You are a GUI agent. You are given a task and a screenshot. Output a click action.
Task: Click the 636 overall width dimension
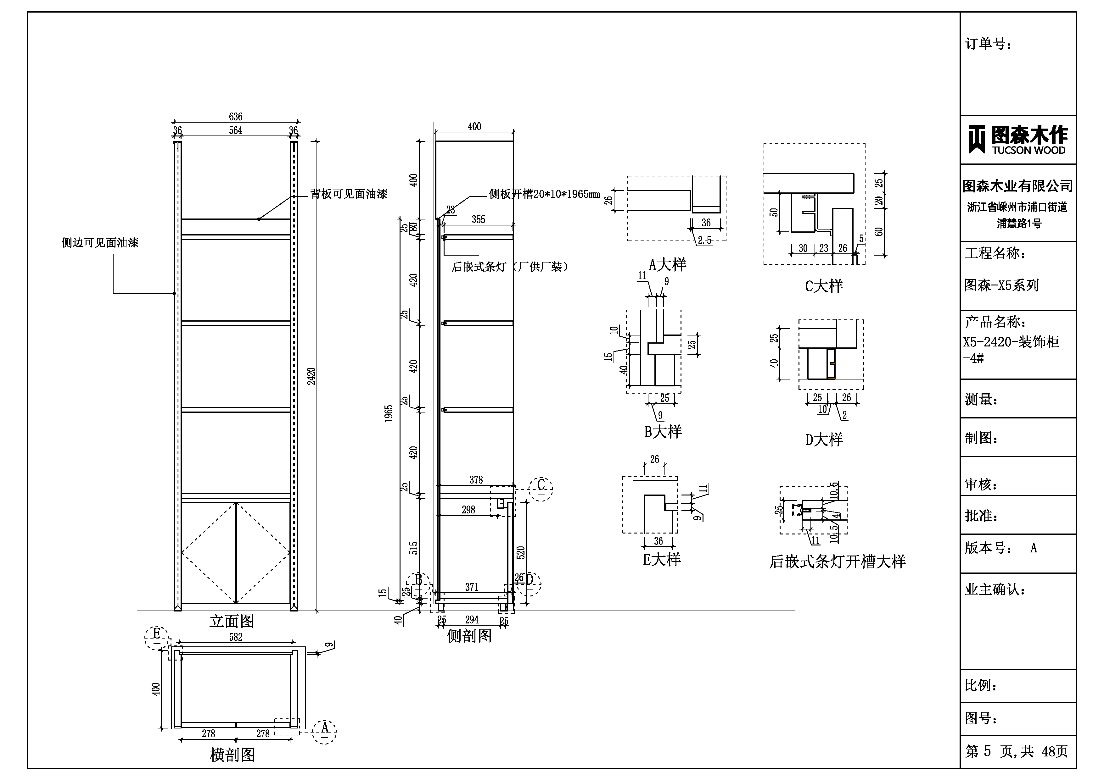click(x=236, y=117)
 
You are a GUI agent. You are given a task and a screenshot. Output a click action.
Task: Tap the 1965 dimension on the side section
click(x=389, y=414)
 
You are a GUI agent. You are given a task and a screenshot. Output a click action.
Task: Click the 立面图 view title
click(x=232, y=622)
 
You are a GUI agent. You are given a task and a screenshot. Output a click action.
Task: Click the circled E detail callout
click(x=157, y=638)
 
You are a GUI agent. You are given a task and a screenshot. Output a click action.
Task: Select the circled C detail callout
click(x=541, y=489)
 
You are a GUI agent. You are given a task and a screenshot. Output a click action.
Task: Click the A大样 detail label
click(x=667, y=265)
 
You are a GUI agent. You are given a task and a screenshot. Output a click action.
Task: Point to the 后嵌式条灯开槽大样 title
click(x=837, y=561)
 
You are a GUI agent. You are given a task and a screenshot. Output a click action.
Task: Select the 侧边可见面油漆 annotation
click(x=100, y=243)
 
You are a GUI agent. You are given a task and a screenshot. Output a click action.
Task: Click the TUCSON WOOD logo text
click(x=1029, y=150)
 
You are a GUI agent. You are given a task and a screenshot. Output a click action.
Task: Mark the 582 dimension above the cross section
click(x=236, y=637)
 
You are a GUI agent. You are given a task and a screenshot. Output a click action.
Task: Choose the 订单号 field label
click(x=989, y=44)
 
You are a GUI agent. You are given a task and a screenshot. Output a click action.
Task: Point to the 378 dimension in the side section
click(x=476, y=480)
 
